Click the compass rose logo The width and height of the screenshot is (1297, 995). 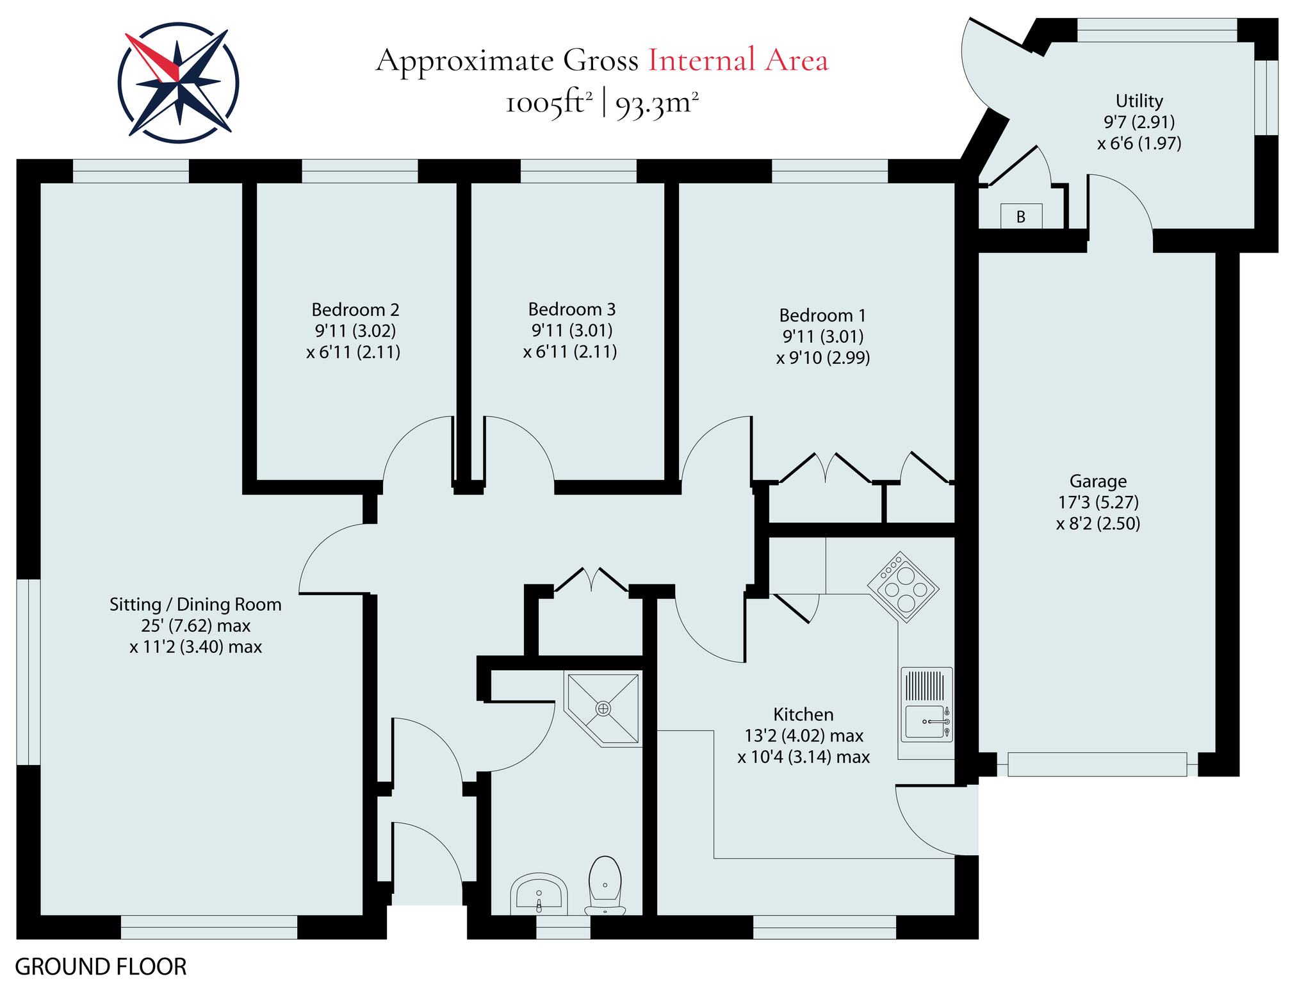tap(179, 83)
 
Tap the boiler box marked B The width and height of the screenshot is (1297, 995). tap(1021, 217)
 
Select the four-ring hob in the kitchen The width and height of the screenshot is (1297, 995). tap(903, 587)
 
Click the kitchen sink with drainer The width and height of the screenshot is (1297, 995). tap(927, 704)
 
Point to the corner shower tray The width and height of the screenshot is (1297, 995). tap(603, 708)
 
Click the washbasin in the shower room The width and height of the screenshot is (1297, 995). tap(539, 893)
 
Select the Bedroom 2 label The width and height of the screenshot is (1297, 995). tap(355, 310)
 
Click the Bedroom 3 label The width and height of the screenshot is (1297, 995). tap(572, 309)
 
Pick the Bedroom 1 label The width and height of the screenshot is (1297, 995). tap(822, 315)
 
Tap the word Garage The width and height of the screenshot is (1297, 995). tap(1098, 481)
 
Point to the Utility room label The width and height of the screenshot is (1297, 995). tap(1139, 101)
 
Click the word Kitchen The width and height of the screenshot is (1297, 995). tap(803, 714)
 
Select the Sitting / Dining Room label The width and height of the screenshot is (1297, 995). tap(195, 604)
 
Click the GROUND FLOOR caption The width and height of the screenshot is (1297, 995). tap(101, 967)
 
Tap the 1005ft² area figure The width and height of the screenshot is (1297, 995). tap(549, 103)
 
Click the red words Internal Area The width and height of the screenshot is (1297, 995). tap(738, 60)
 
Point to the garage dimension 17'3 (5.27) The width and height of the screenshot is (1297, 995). tap(1098, 502)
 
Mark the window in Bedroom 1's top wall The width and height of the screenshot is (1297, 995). tap(830, 171)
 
